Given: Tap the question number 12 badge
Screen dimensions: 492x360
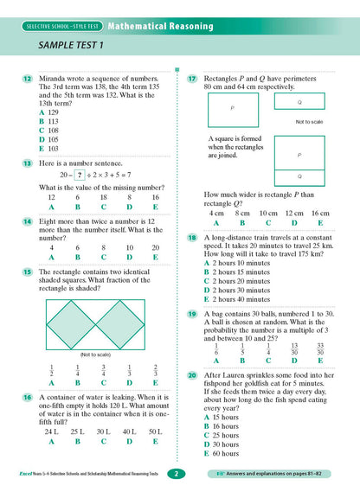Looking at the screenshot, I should [x=29, y=79].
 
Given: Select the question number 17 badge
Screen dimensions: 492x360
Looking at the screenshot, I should [x=192, y=79].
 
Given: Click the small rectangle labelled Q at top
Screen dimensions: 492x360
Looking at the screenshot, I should [x=299, y=102].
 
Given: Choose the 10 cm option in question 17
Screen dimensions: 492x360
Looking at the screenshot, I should [x=268, y=213].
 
